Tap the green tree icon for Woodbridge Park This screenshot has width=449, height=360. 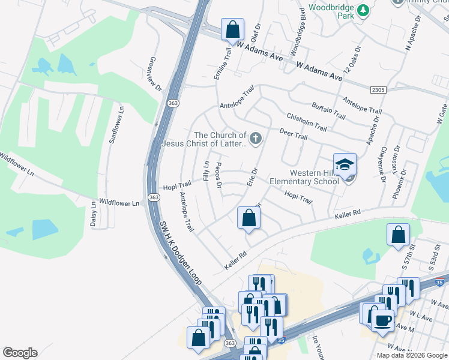[x=363, y=10]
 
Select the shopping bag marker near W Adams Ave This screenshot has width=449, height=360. [x=232, y=29]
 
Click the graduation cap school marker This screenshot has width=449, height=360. [x=345, y=164]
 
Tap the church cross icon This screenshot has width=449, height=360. [x=255, y=140]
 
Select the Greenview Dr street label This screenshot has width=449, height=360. [x=155, y=74]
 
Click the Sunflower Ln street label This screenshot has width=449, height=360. [x=115, y=125]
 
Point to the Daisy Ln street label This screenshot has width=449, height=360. [x=94, y=214]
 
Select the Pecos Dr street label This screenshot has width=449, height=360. [x=218, y=175]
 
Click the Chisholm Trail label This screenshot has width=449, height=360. [x=306, y=122]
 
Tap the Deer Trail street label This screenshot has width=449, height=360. [x=294, y=134]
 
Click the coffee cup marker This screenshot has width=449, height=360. [x=382, y=319]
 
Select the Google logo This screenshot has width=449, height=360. [x=20, y=353]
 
